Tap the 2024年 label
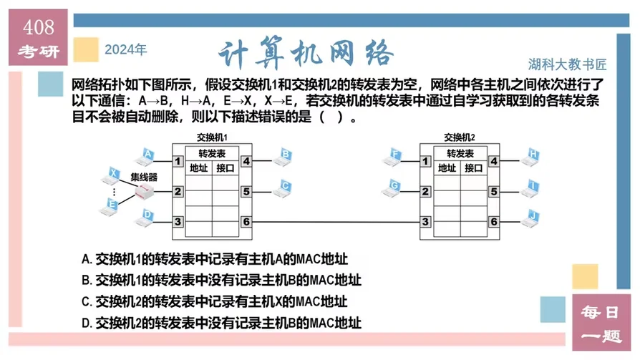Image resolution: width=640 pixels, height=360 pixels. pos(125,50)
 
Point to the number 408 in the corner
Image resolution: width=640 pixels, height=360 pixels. pos(39,27)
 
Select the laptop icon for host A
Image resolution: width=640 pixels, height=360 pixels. pos(146,156)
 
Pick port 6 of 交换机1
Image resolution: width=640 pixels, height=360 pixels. pos(246,222)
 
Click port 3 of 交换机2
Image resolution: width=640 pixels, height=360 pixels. pos(426,222)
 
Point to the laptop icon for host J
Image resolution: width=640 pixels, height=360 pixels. pos(530,217)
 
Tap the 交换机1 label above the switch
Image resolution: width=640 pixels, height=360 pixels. pos(212,137)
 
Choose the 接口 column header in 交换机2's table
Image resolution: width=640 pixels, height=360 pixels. pos(473,168)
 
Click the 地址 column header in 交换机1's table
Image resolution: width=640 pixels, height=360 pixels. pos(198,168)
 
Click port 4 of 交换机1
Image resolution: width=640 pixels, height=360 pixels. pos(246,162)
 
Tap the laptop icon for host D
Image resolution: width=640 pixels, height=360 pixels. pos(146,217)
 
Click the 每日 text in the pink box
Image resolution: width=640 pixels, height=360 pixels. pos(600,312)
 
